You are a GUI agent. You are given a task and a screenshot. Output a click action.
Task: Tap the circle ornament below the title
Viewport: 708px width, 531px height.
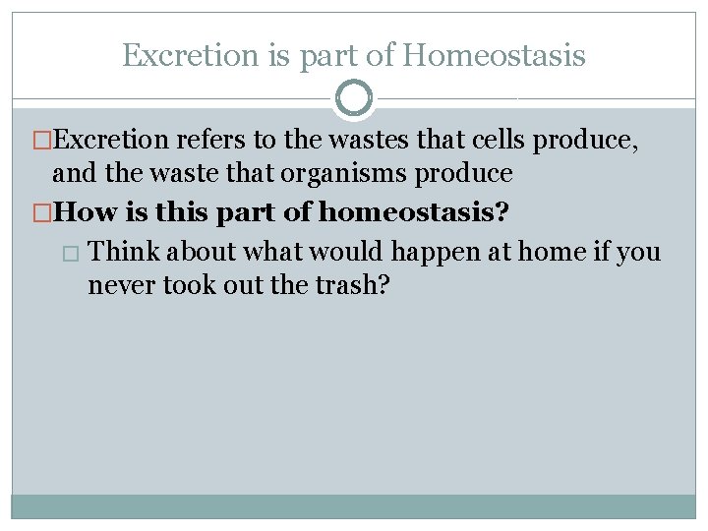click(353, 98)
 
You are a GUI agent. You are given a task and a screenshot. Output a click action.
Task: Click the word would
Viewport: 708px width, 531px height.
click(347, 252)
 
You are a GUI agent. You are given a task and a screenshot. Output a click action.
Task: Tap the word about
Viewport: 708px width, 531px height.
click(202, 252)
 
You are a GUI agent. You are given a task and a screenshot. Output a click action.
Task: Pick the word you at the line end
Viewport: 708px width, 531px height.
click(640, 253)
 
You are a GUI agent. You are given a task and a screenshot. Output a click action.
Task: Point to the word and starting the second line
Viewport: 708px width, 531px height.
click(71, 174)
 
